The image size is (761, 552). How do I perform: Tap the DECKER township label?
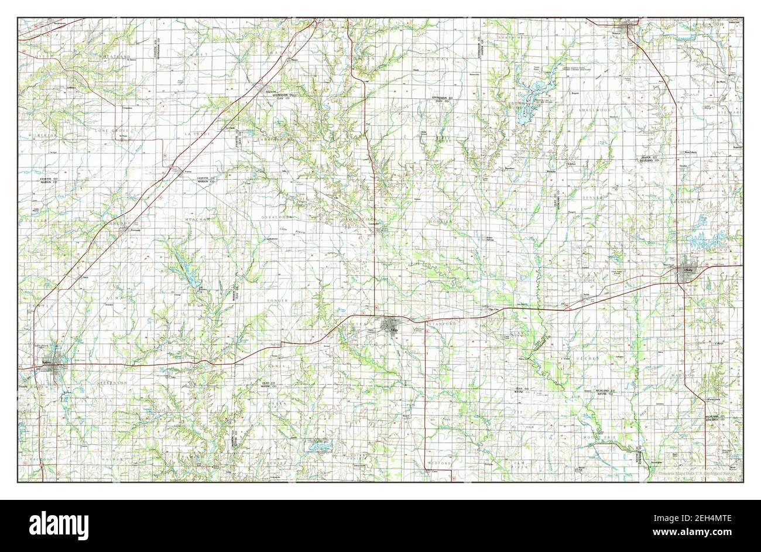[x=588, y=357]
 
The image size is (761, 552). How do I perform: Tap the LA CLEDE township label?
[x=196, y=134]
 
